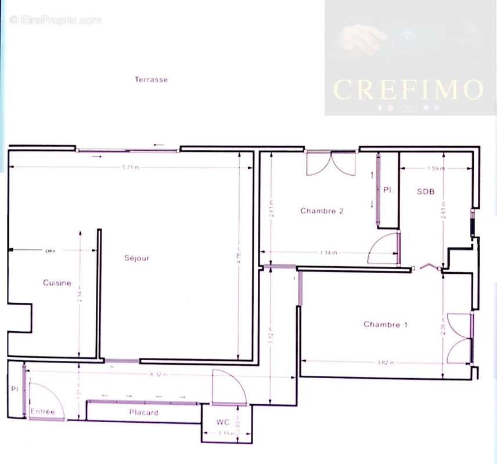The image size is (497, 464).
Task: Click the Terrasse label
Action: pyautogui.click(x=151, y=79)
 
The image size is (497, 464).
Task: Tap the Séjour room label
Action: pyautogui.click(x=136, y=258)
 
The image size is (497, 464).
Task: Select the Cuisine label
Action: pyautogui.click(x=57, y=283)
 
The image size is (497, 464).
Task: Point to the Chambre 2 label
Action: pyautogui.click(x=322, y=211)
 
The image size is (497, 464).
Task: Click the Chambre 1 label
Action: pyautogui.click(x=386, y=325)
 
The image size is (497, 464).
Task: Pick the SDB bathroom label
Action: pyautogui.click(x=426, y=191)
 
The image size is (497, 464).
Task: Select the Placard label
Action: pyautogui.click(x=143, y=412)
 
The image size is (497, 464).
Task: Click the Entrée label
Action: pyautogui.click(x=42, y=412)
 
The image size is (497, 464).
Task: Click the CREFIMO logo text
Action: pyautogui.click(x=408, y=89)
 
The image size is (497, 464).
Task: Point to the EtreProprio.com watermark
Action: pyautogui.click(x=56, y=20)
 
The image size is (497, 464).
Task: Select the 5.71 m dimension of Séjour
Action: pyautogui.click(x=131, y=168)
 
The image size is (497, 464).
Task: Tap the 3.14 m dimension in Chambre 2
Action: pyautogui.click(x=329, y=253)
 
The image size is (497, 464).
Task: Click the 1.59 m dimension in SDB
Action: pyautogui.click(x=435, y=169)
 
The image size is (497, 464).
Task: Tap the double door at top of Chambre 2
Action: pyautogui.click(x=331, y=164)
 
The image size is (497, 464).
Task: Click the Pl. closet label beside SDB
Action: pyautogui.click(x=387, y=190)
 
